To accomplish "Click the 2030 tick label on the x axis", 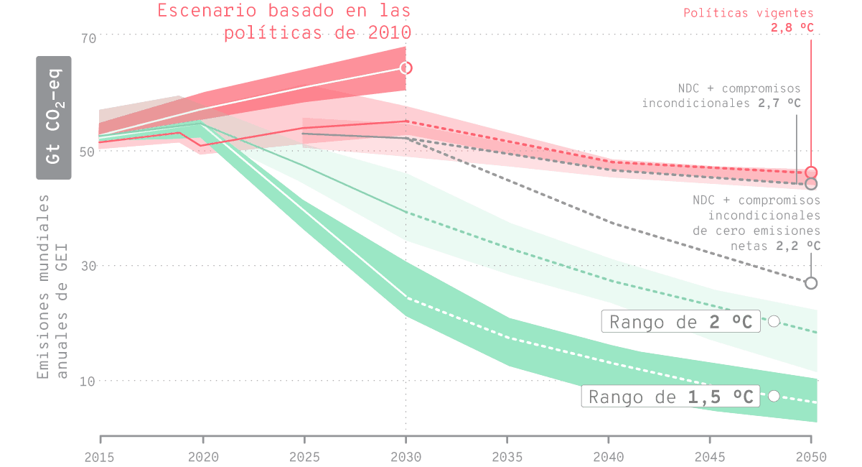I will click(406, 456).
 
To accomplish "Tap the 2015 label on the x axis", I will click(100, 456).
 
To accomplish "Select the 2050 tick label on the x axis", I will click(811, 456).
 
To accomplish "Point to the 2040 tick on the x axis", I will click(609, 456).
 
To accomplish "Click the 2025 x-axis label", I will click(304, 456).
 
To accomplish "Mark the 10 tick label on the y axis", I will click(88, 381).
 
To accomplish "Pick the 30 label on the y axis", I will click(88, 266).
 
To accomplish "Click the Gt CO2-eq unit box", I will click(54, 117).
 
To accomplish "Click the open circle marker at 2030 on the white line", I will click(406, 68).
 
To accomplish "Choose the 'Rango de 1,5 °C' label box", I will click(670, 397).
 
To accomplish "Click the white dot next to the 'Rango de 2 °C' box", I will click(774, 321).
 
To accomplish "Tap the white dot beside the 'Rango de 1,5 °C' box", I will click(774, 396).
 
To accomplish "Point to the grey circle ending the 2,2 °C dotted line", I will click(811, 283).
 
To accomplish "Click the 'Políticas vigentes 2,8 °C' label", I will click(749, 20).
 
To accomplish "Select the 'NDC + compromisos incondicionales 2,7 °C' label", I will click(721, 96).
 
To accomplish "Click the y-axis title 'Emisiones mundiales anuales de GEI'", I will click(54, 285).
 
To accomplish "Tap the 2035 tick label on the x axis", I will click(507, 456).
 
